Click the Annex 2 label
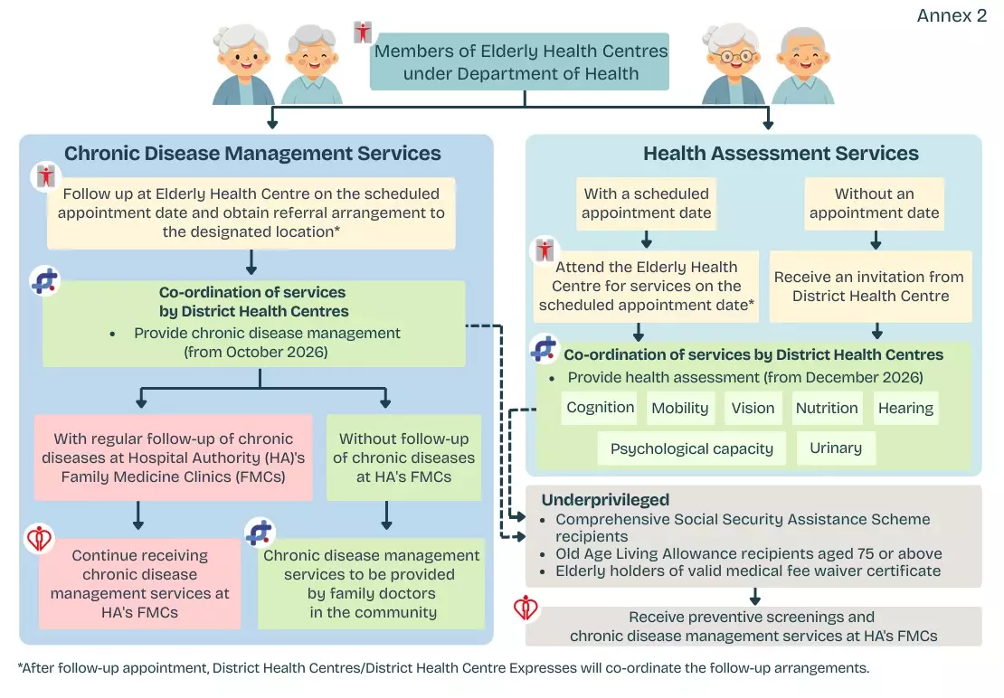pyautogui.click(x=952, y=15)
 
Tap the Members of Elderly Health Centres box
pyautogui.click(x=520, y=61)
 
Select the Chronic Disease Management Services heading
pyautogui.click(x=252, y=154)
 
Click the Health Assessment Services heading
pyautogui.click(x=781, y=154)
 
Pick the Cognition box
pyautogui.click(x=600, y=408)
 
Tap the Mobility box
pyautogui.click(x=680, y=408)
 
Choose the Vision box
pyautogui.click(x=753, y=408)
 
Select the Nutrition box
pyautogui.click(x=827, y=408)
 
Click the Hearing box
pyautogui.click(x=905, y=408)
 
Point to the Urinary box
pyautogui.click(x=836, y=448)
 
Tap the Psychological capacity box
pyautogui.click(x=692, y=448)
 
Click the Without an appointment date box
pyautogui.click(x=874, y=203)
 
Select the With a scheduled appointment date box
pyautogui.click(x=646, y=203)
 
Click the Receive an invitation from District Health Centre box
pyautogui.click(x=870, y=287)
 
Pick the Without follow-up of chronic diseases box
pyautogui.click(x=404, y=457)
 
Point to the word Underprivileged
pyautogui.click(x=605, y=500)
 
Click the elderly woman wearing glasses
pyautogui.click(x=733, y=64)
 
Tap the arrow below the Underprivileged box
pyautogui.click(x=755, y=597)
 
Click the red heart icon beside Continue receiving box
pyautogui.click(x=39, y=539)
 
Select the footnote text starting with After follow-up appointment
pyautogui.click(x=443, y=668)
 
